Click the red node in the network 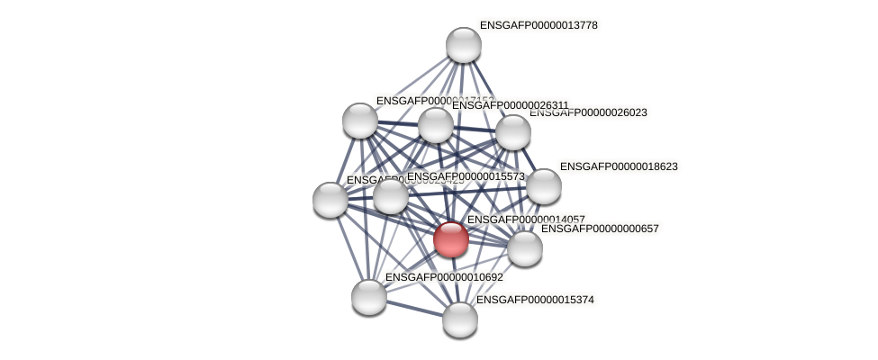(450, 239)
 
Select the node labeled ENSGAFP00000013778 (464, 45)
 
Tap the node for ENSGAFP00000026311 (436, 125)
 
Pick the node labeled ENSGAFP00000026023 (513, 132)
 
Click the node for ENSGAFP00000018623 (543, 186)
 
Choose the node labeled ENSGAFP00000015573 (391, 196)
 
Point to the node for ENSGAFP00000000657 (524, 248)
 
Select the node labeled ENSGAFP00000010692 (369, 297)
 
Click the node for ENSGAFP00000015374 (460, 319)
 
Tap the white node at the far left (330, 200)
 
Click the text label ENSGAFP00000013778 (539, 25)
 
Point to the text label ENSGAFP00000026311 (511, 105)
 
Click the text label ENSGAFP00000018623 (619, 166)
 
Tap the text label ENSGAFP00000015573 (466, 176)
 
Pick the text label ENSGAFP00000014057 (526, 219)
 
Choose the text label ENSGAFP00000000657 (600, 229)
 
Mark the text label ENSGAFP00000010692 (444, 277)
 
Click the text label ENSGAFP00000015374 (535, 300)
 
